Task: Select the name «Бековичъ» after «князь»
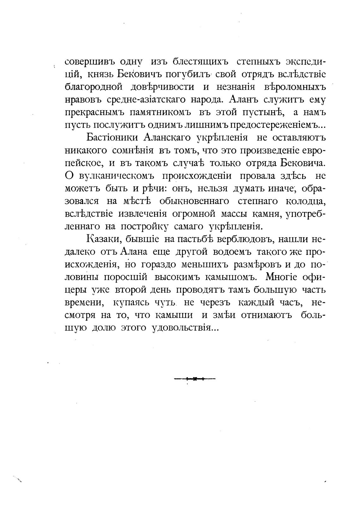(x=139, y=74)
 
